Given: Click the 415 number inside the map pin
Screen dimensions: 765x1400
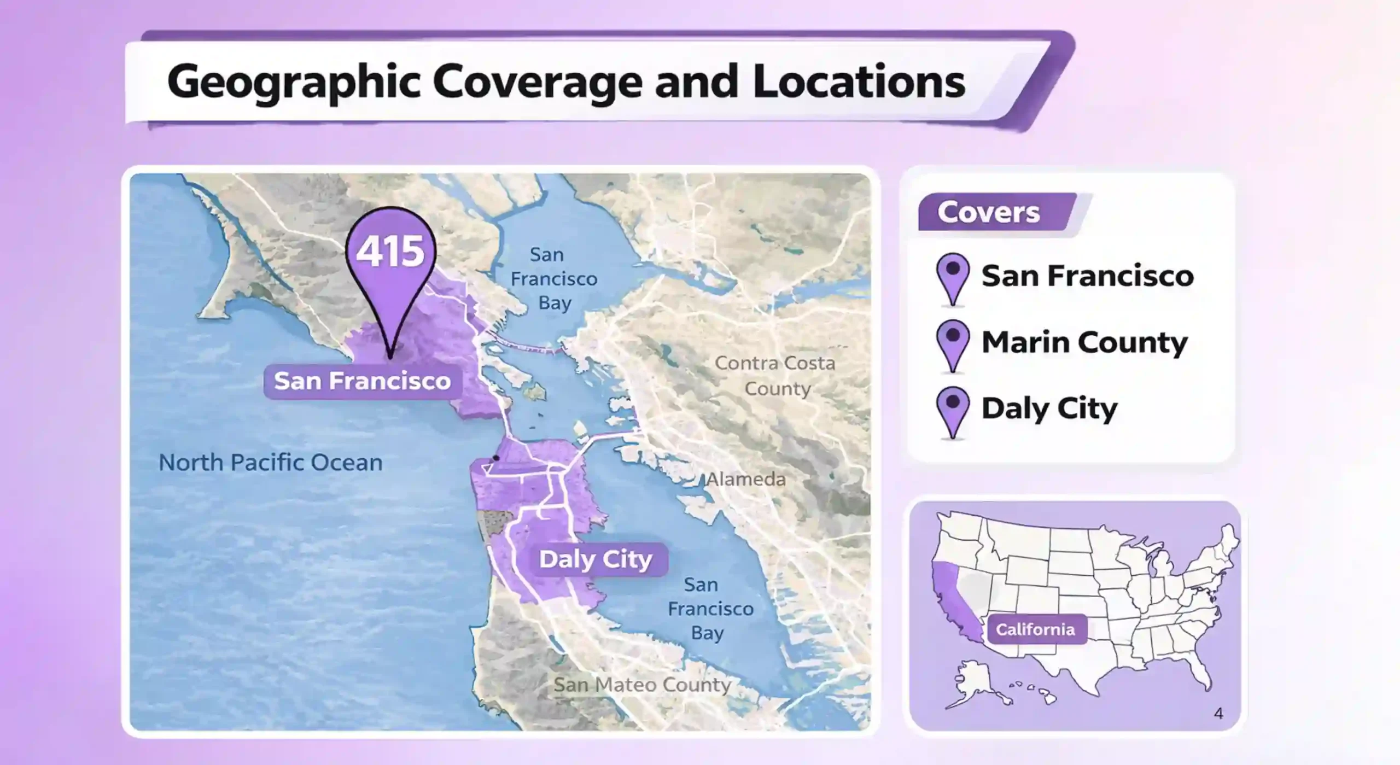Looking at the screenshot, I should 390,252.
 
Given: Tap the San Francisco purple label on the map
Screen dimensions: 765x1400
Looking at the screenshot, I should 362,381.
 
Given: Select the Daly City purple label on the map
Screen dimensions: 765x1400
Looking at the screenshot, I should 596,559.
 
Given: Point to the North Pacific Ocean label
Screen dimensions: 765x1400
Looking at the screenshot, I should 270,463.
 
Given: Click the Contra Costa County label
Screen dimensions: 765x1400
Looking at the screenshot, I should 775,376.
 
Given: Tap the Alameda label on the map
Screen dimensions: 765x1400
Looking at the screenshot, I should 746,480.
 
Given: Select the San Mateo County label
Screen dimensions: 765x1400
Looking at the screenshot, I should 642,685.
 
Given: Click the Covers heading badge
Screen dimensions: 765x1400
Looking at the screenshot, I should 989,212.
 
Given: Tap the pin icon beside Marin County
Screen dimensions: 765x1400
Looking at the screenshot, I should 953,344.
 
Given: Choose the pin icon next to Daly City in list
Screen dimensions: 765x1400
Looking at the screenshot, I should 953,411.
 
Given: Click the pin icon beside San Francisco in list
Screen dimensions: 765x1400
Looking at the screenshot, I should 953,278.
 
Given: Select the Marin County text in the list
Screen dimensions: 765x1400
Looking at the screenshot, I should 1084,342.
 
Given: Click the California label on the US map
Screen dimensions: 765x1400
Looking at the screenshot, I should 1035,629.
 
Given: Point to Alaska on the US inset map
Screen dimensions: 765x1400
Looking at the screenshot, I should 973,684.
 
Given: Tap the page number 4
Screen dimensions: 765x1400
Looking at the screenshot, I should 1218,713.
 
